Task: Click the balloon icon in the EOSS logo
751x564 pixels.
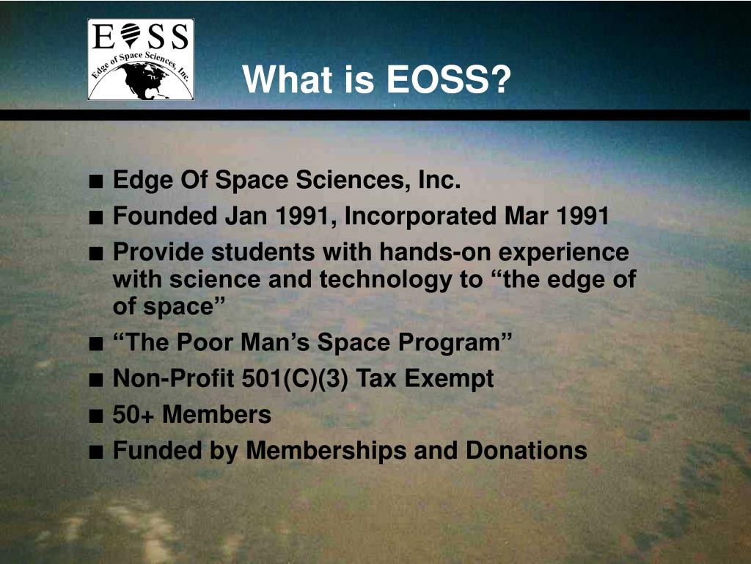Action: tap(130, 34)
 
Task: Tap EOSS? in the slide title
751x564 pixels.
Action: tap(448, 79)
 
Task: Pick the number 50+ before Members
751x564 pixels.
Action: tap(134, 415)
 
